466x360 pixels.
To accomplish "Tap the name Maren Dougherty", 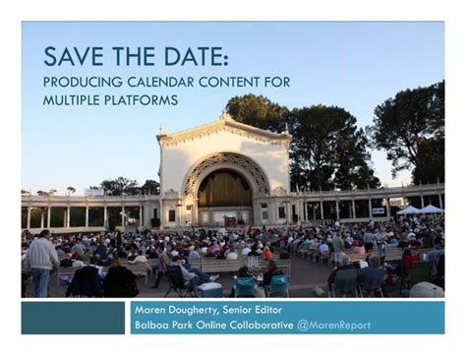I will (172, 310).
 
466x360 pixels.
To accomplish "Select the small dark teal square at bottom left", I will (73, 318).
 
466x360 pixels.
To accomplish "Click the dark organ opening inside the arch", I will (225, 188).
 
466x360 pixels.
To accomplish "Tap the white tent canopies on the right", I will (420, 210).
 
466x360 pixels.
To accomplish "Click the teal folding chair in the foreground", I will (245, 285).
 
